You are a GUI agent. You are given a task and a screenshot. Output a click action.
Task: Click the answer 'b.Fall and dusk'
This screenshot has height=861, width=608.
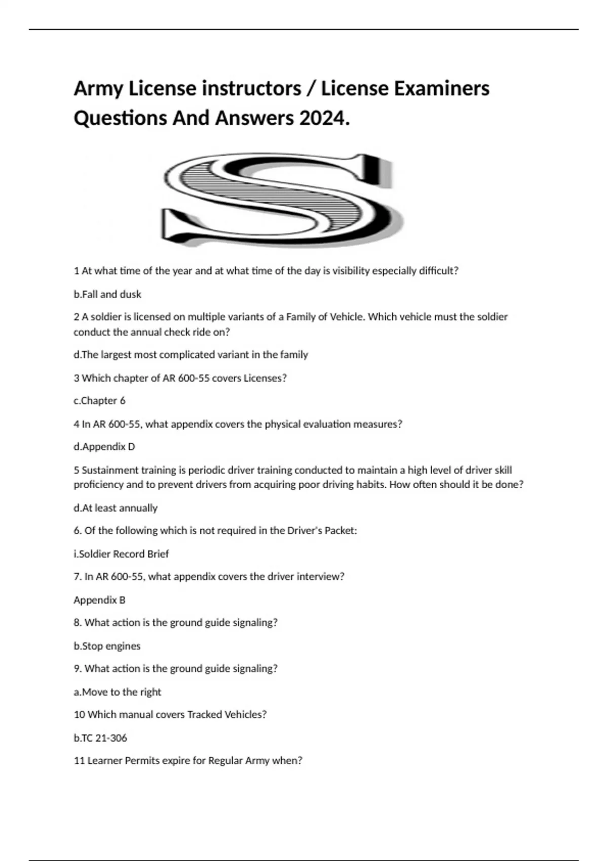coord(107,294)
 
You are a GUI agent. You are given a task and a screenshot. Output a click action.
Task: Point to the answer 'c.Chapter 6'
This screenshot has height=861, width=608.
coord(99,401)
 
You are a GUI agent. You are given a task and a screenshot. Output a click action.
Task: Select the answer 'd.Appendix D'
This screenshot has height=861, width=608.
coord(104,447)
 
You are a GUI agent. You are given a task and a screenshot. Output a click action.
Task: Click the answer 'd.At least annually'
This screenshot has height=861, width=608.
coord(116,508)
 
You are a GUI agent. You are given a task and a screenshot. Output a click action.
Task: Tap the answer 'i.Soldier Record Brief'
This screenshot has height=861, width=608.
coord(121,554)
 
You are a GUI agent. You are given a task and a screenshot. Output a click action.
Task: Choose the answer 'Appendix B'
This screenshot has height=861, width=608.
coord(99,600)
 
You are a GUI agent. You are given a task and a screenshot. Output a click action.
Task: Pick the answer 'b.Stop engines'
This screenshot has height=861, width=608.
coord(107,646)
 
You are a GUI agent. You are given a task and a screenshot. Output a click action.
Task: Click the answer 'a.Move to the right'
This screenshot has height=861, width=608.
coord(117,692)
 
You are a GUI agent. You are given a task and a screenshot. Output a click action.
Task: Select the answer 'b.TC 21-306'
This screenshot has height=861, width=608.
coord(100,738)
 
